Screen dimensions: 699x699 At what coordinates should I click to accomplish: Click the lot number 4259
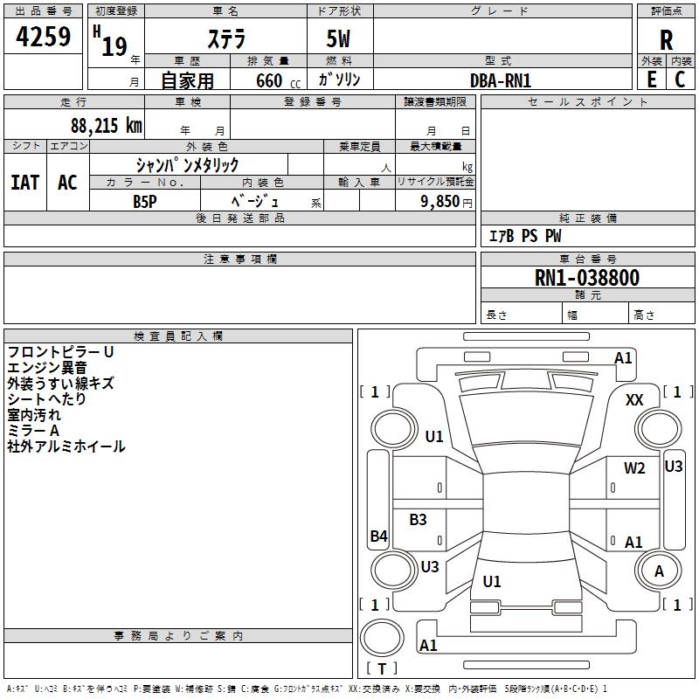pyautogui.click(x=43, y=37)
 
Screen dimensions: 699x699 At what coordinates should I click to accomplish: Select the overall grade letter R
pyautogui.click(x=666, y=40)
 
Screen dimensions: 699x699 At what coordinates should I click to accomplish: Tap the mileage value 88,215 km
pyautogui.click(x=106, y=126)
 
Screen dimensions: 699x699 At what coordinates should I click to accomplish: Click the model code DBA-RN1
pyautogui.click(x=501, y=80)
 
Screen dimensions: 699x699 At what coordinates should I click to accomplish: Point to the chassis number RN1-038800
pyautogui.click(x=587, y=279)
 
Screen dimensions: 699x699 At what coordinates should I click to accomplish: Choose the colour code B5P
pyautogui.click(x=144, y=200)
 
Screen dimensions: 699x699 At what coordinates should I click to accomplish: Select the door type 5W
pyautogui.click(x=340, y=40)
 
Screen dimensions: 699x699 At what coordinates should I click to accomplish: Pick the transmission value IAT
pyautogui.click(x=24, y=183)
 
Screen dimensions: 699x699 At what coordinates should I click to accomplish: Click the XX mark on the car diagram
pyautogui.click(x=634, y=400)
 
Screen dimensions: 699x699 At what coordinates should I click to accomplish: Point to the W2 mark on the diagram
pyautogui.click(x=634, y=468)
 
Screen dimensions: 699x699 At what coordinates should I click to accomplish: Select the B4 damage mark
pyautogui.click(x=378, y=536)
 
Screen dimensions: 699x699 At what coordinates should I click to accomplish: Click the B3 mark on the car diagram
pyautogui.click(x=419, y=520)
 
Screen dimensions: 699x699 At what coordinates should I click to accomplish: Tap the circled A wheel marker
pyautogui.click(x=659, y=571)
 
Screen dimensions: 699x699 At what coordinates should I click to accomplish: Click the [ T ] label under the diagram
pyautogui.click(x=381, y=668)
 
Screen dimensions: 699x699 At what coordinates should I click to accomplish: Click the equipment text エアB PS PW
pyautogui.click(x=524, y=237)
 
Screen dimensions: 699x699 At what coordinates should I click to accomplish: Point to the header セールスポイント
pyautogui.click(x=588, y=102)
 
